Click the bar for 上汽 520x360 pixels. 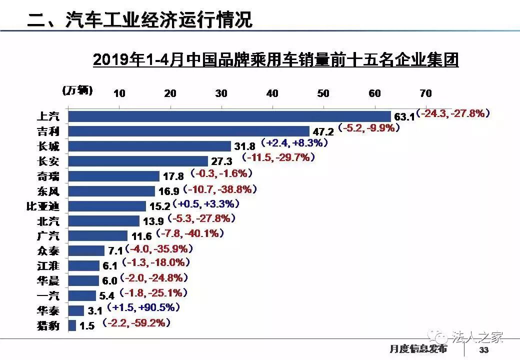229,116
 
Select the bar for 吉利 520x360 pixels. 188,131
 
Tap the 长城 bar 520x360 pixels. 149,146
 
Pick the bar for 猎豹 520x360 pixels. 72,325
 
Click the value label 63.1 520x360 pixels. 404,117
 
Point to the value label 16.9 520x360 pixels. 169,191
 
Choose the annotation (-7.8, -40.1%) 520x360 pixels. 190,233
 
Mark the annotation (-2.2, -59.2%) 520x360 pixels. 135,323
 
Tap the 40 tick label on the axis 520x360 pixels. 272,93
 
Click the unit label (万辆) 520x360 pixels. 77,90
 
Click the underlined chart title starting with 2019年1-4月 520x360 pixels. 275,60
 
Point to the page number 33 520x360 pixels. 483,349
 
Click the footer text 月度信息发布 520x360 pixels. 418,349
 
